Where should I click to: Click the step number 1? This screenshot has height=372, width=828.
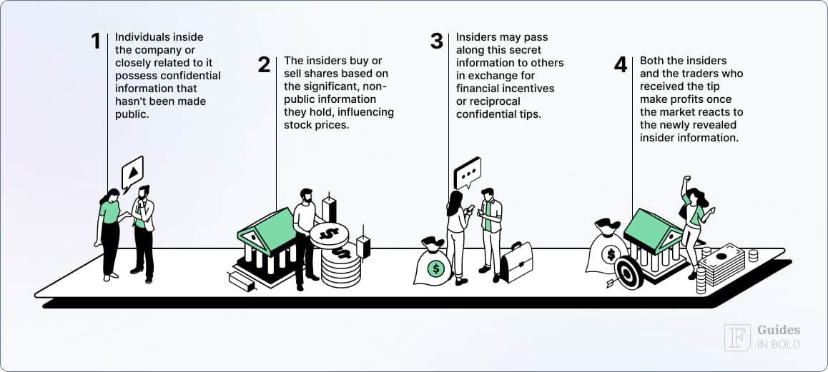tap(96, 41)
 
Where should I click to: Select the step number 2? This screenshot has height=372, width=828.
tap(265, 65)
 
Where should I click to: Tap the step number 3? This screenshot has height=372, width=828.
tap(437, 41)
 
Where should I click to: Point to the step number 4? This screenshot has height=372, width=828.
tap(621, 65)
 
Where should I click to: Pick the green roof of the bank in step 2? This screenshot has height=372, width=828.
tap(268, 227)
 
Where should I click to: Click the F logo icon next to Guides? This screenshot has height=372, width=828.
tap(737, 337)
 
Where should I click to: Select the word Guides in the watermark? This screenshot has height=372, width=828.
tap(779, 330)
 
